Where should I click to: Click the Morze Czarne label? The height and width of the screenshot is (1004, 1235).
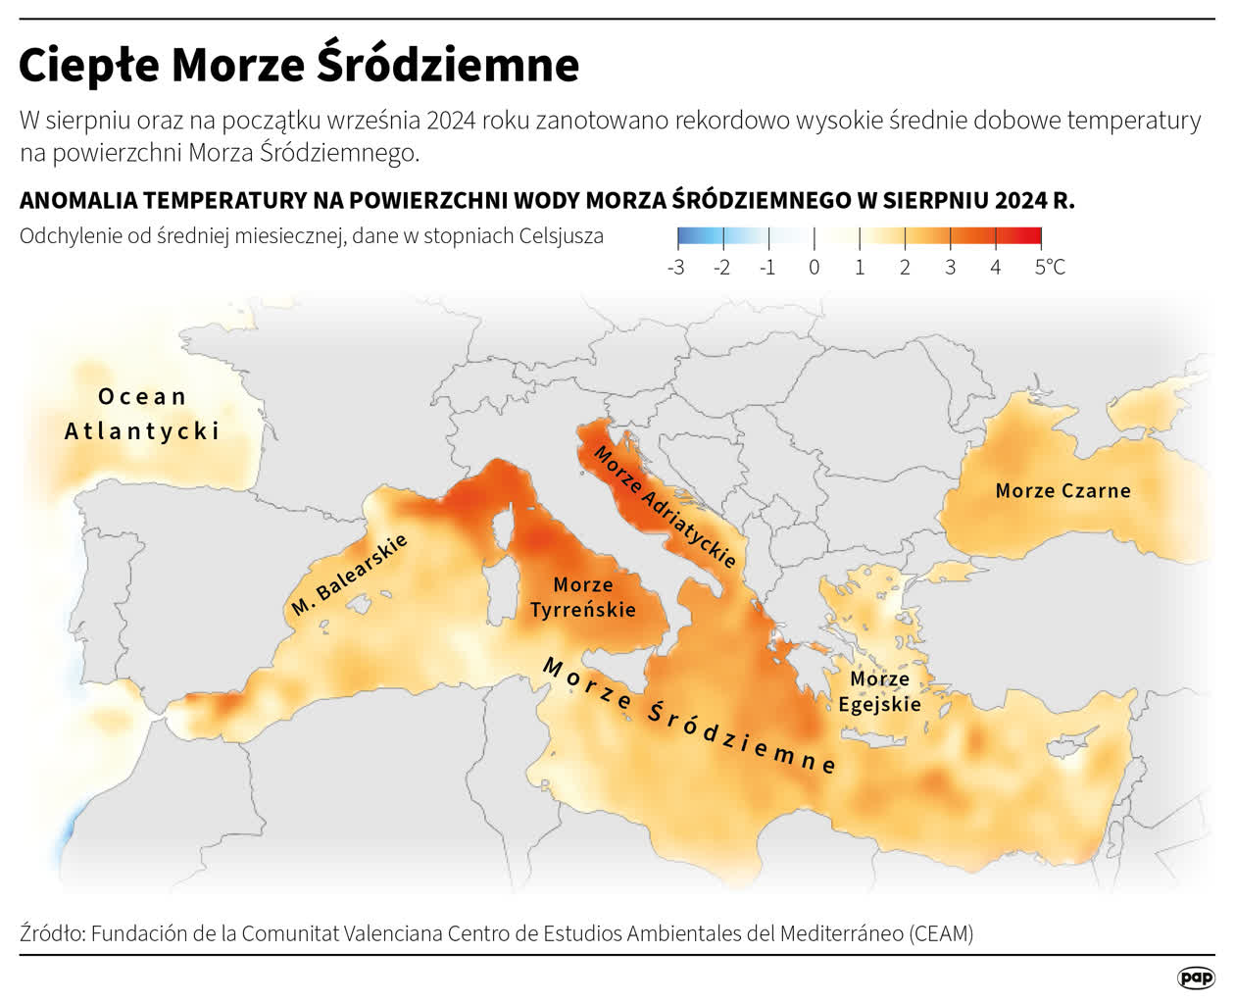tap(1062, 490)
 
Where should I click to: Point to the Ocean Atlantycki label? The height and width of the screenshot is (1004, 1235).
tap(142, 414)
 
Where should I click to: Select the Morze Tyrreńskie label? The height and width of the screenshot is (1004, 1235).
tap(583, 597)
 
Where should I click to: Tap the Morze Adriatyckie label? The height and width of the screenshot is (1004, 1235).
tap(665, 507)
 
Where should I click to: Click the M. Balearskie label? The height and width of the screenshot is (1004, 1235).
tap(349, 576)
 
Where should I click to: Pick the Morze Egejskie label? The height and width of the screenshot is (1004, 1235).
tap(879, 691)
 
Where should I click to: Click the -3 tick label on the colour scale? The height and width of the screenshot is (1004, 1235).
tap(676, 268)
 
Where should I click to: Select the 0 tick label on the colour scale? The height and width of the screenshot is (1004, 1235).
tap(814, 268)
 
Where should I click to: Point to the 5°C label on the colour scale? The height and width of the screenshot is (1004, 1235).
tap(1049, 268)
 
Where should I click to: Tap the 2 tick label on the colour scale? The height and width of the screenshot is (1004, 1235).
tap(905, 268)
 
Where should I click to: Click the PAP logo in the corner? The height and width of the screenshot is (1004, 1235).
tap(1195, 978)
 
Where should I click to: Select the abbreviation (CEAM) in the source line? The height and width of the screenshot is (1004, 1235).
tap(941, 933)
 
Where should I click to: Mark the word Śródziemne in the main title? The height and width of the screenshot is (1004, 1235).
tap(448, 67)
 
